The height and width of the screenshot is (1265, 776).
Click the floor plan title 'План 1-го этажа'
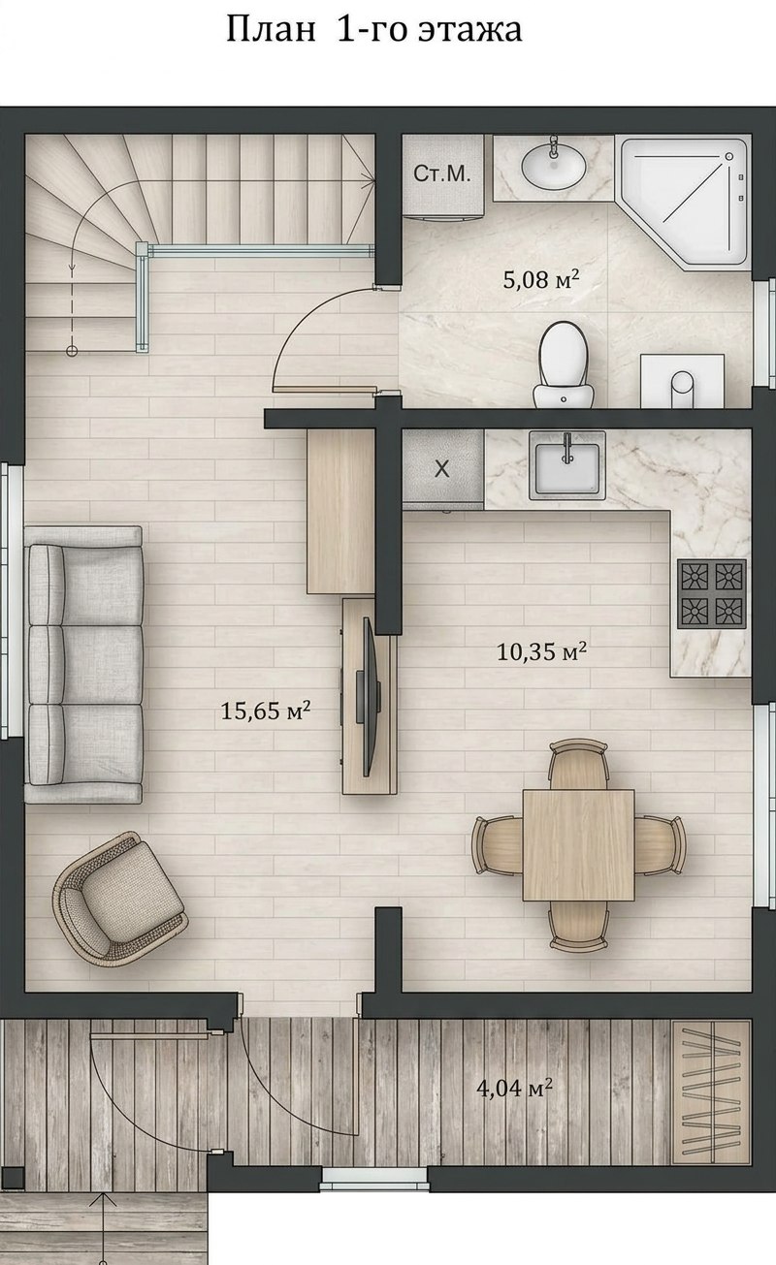click(x=373, y=30)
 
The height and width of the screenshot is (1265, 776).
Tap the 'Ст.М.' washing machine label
click(x=442, y=174)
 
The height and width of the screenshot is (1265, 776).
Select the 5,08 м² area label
click(x=541, y=278)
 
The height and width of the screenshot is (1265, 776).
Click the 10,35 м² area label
click(x=541, y=651)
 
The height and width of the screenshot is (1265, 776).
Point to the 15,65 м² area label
click(x=265, y=711)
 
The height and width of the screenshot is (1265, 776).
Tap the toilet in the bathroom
click(x=565, y=364)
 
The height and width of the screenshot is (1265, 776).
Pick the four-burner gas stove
click(x=712, y=594)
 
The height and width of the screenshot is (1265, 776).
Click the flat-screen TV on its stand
click(x=368, y=697)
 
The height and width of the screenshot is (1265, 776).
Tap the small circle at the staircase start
click(x=72, y=351)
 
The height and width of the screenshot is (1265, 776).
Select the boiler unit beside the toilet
click(x=682, y=381)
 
